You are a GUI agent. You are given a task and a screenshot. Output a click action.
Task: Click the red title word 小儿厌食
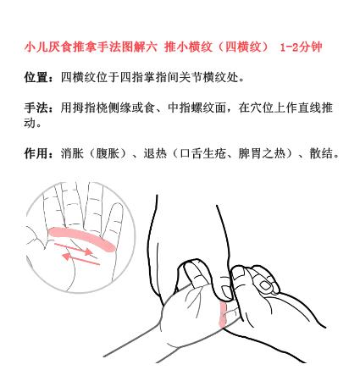pyautogui.click(x=50, y=46)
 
